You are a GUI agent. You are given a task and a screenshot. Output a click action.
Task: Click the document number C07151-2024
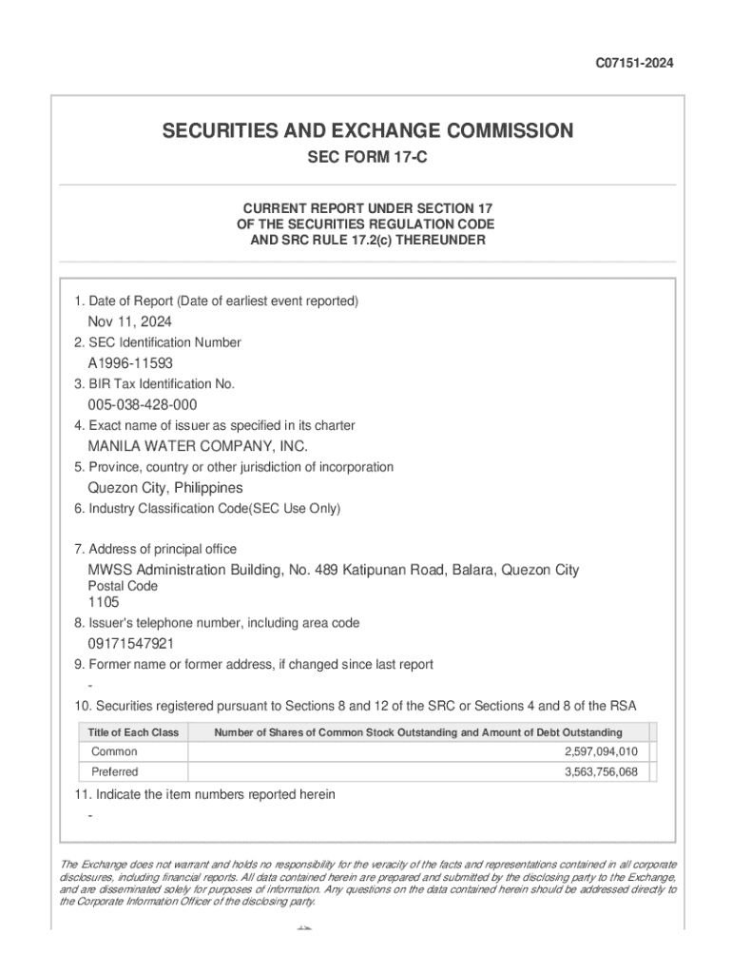coord(634,64)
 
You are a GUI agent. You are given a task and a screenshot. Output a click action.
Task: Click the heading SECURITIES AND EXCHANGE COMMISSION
coord(367,131)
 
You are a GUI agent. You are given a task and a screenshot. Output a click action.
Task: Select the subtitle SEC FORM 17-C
coord(367,158)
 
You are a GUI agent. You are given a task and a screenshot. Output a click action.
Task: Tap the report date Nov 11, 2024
coord(130,321)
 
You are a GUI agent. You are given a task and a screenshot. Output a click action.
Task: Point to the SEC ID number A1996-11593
coord(130,363)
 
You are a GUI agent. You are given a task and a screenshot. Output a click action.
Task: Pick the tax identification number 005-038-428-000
coord(143,405)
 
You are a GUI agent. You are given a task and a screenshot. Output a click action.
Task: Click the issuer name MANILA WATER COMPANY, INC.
coord(198,446)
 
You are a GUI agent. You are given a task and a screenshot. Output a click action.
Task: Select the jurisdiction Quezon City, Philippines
coord(165,488)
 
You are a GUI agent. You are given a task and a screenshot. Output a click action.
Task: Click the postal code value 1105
coord(104,602)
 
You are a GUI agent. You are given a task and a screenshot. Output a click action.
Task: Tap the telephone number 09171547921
coord(131,644)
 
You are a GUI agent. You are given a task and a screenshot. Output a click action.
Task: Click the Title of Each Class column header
coord(133,732)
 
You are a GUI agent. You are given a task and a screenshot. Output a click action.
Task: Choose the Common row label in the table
coord(114,751)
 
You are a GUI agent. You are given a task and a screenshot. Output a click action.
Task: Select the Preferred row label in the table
coord(115,771)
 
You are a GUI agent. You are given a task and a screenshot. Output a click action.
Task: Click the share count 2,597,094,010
coord(601,751)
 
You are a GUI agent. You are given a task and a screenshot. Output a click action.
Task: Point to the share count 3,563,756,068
coord(601,771)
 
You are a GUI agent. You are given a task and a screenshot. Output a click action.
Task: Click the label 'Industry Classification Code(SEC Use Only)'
coord(207,509)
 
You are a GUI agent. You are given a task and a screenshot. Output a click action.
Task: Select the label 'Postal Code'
coord(123,586)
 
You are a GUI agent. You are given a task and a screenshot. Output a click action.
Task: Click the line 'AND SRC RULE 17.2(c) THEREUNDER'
coord(367,241)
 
